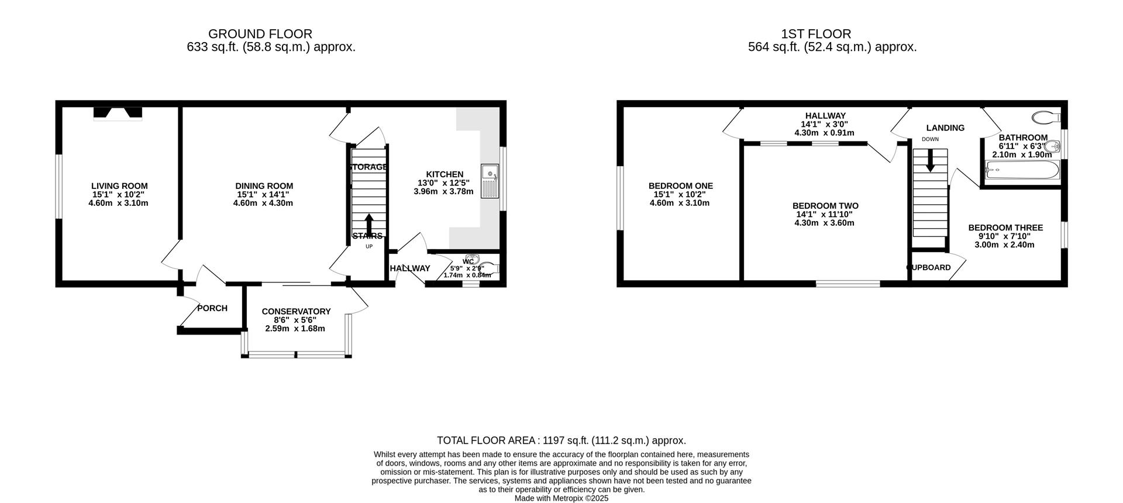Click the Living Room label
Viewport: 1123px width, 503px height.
point(119,186)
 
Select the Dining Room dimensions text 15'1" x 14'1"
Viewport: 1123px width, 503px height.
point(263,195)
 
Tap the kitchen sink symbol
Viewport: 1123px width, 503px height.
point(490,181)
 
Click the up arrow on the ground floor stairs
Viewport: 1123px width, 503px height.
point(369,223)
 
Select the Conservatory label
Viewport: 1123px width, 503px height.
point(296,312)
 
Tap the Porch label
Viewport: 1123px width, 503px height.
point(212,308)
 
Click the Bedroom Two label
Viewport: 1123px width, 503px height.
point(825,206)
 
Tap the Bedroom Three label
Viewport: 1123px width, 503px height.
point(1005,228)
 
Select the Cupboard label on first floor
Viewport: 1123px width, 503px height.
point(929,268)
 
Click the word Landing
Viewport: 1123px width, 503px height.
point(945,128)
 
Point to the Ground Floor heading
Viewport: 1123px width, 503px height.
point(260,34)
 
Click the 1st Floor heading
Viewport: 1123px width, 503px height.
point(816,34)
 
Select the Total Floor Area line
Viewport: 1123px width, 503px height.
point(561,440)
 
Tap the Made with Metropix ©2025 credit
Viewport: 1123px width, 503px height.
point(561,498)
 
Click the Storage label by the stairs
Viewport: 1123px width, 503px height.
point(368,167)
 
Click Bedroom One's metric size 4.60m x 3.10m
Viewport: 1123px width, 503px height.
point(680,204)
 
